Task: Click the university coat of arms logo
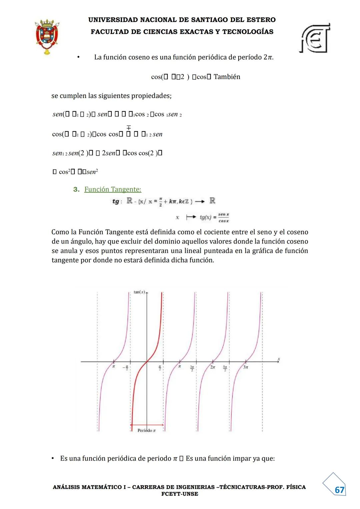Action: click(x=47, y=36)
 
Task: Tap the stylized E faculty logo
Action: click(x=315, y=38)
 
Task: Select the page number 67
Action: click(x=339, y=490)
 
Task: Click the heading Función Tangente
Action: click(x=113, y=189)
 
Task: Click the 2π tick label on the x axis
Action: click(x=212, y=367)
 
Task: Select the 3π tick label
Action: click(x=245, y=367)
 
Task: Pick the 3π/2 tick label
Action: click(x=192, y=368)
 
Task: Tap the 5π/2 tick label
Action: click(x=225, y=368)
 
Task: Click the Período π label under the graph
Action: click(x=147, y=431)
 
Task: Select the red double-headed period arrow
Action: click(x=147, y=425)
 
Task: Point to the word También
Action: click(x=227, y=77)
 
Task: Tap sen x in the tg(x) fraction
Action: click(x=223, y=214)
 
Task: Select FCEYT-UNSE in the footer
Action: click(x=180, y=494)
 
